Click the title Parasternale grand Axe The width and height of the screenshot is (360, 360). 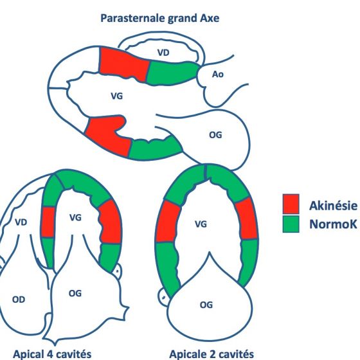pyautogui.click(x=160, y=18)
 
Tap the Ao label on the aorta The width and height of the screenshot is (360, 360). pyautogui.click(x=218, y=74)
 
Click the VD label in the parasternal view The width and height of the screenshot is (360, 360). pyautogui.click(x=163, y=53)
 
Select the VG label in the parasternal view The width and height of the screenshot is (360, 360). pyautogui.click(x=116, y=96)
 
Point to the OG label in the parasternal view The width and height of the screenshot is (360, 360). pyautogui.click(x=215, y=135)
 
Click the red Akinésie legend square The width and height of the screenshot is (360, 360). pyautogui.click(x=291, y=204)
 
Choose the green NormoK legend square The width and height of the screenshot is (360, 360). pyautogui.click(x=291, y=224)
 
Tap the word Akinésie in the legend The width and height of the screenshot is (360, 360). pyautogui.click(x=334, y=206)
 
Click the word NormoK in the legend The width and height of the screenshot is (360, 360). pyautogui.click(x=334, y=224)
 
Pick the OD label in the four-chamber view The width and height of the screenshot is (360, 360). pyautogui.click(x=19, y=300)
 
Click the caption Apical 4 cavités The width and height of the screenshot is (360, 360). pyautogui.click(x=52, y=354)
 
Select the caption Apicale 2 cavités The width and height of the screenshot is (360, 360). pyautogui.click(x=212, y=354)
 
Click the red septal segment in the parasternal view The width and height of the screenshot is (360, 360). pyautogui.click(x=123, y=64)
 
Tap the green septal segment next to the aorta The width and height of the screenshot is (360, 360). pyautogui.click(x=173, y=73)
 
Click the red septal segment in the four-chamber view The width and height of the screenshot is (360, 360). pyautogui.click(x=48, y=222)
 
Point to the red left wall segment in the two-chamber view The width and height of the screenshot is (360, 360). pyautogui.click(x=168, y=221)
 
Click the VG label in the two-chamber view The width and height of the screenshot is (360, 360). pyautogui.click(x=201, y=224)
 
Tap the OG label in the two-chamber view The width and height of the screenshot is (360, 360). pyautogui.click(x=206, y=305)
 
